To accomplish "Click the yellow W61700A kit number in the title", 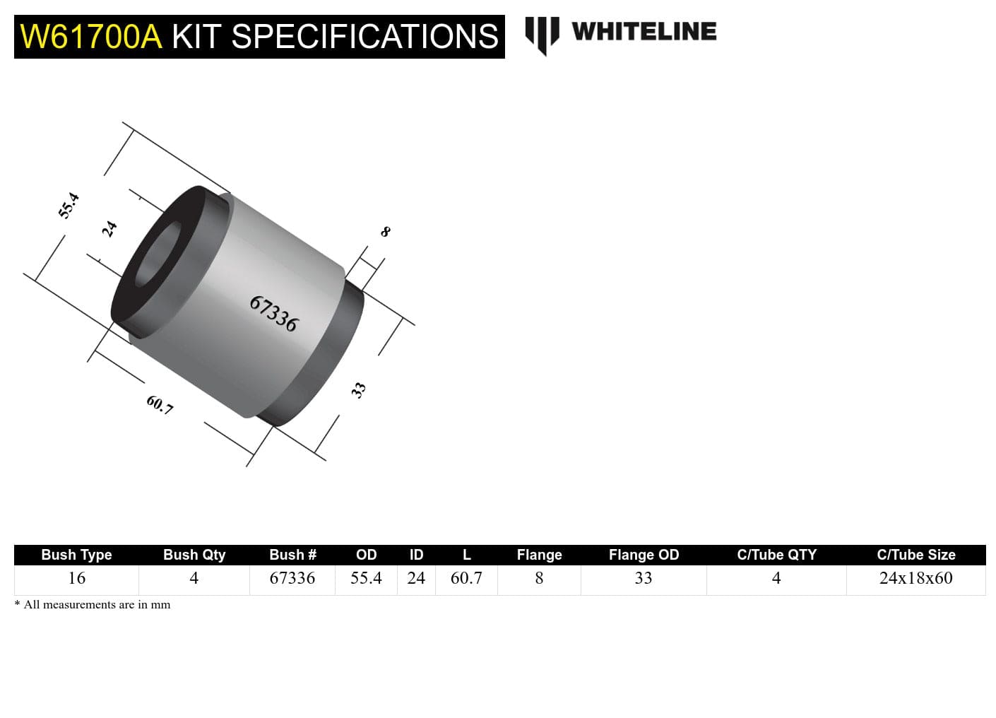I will click(91, 37).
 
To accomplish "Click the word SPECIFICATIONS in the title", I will click(364, 37).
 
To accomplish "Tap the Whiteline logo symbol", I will click(542, 35).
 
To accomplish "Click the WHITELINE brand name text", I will click(644, 32).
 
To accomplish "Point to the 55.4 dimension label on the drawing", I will click(69, 206).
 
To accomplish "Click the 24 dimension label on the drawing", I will click(109, 229).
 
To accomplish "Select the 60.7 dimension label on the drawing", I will click(160, 405).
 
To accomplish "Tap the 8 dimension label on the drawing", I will click(385, 232).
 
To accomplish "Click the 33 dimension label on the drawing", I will click(359, 389).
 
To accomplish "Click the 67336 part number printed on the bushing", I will click(274, 314).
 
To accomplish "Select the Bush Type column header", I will click(76, 555).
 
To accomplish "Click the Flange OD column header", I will click(644, 555).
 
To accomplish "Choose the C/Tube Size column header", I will click(915, 555).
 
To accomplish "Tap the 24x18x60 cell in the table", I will click(915, 578).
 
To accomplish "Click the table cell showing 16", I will click(76, 578).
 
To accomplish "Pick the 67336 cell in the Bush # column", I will click(292, 578).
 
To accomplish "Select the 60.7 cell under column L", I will click(466, 578).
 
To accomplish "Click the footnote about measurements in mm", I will click(93, 605).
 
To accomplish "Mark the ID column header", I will click(416, 555).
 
